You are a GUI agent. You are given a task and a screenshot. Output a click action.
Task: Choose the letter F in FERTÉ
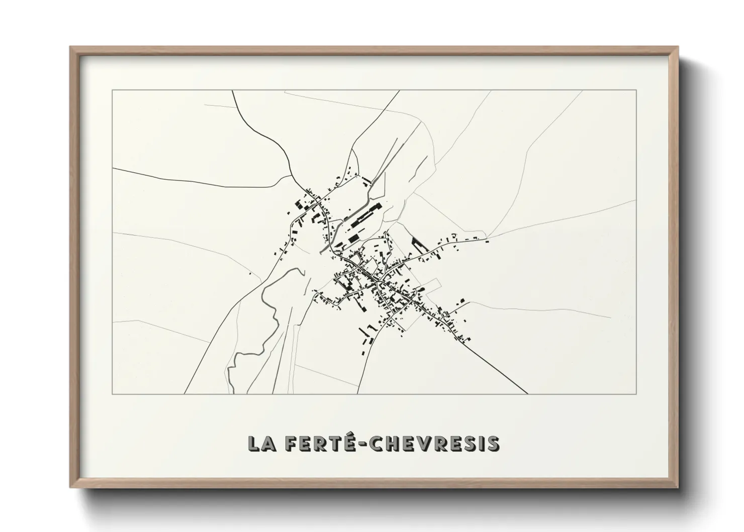[x=290, y=444]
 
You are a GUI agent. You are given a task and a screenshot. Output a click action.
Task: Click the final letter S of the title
[x=494, y=444]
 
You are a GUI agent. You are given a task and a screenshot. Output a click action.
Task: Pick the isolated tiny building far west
[x=250, y=274]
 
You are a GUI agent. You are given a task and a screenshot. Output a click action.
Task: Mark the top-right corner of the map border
[x=636, y=90]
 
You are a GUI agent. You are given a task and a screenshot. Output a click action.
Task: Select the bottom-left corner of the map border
[x=113, y=394]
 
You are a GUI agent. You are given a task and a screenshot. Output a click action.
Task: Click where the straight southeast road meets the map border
[x=528, y=394]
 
